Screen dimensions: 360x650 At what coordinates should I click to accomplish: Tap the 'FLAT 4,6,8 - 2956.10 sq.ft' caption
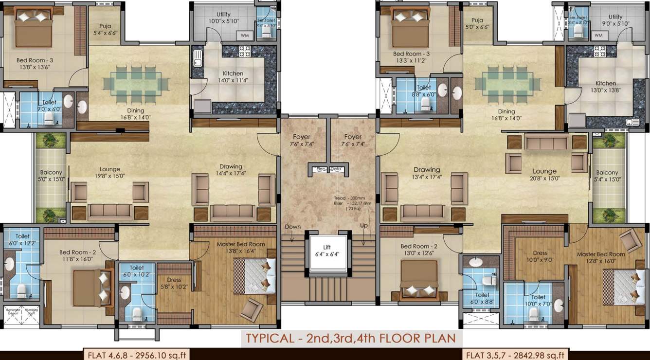[x=135, y=355]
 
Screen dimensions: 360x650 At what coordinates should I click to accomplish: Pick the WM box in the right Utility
[x=598, y=36]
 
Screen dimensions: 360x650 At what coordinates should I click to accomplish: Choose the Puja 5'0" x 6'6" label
[x=477, y=24]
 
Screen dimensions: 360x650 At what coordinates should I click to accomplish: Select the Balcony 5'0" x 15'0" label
[x=51, y=176]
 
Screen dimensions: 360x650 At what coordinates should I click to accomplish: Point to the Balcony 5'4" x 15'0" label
[x=607, y=176]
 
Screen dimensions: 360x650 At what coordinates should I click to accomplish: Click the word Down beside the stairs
[x=292, y=227]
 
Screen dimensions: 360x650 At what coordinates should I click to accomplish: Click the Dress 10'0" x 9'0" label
[x=540, y=256]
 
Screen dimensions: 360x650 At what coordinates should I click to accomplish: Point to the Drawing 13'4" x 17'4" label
[x=427, y=173]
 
